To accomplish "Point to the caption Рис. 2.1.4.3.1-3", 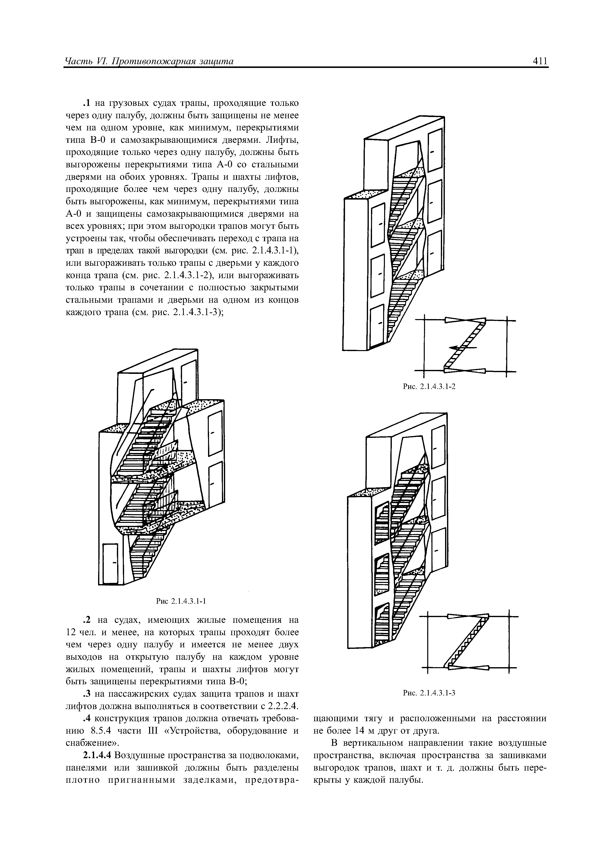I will pos(429,692).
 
